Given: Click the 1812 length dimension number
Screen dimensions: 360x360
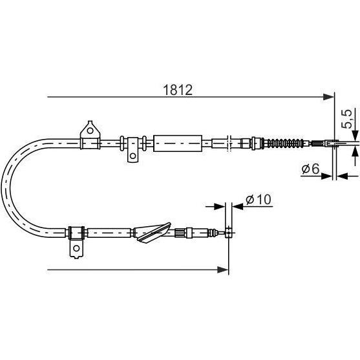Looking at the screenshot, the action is click(178, 90).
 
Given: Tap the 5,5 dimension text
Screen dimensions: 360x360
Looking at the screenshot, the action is click(346, 119).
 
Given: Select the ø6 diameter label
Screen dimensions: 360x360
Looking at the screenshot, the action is click(310, 169).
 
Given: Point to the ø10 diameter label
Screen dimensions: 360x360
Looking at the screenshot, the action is click(259, 199).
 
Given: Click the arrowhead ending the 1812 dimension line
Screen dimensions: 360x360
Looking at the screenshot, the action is click(328, 97).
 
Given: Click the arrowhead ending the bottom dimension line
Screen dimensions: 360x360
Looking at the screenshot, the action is click(223, 270).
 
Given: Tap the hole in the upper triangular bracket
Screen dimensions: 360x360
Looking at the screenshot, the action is click(90, 131).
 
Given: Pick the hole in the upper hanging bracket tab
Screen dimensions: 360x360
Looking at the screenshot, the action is click(132, 156).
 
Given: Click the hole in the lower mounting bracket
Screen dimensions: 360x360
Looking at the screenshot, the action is click(76, 248).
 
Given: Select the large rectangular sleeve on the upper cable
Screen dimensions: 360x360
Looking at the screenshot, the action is click(178, 143).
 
